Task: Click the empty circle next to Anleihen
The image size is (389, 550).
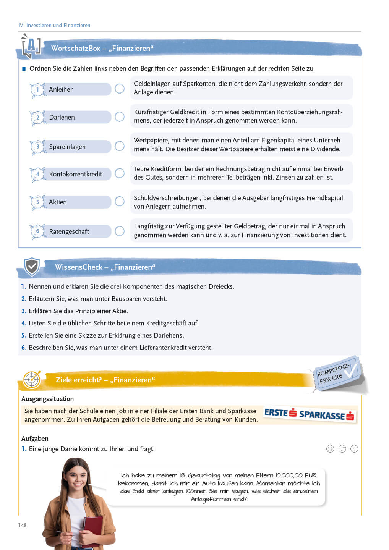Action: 120,89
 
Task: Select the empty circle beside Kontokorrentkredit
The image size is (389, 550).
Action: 120,173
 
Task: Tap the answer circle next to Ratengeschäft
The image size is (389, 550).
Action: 120,231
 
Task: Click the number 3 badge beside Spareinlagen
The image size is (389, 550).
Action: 37,147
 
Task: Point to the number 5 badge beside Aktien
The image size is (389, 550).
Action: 37,202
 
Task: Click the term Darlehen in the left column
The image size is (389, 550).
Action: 62,117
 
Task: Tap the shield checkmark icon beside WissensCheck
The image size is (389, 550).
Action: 32,266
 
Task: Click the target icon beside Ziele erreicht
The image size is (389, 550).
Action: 32,379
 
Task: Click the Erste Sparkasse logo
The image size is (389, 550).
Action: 309,414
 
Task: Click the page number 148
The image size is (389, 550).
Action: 23,525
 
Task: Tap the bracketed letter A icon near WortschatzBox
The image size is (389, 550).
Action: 31,46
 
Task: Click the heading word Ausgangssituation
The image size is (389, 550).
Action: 47,399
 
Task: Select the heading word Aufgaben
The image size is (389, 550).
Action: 35,438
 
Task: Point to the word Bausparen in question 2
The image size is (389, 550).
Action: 126,299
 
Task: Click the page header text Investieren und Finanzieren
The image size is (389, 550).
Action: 58,25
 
